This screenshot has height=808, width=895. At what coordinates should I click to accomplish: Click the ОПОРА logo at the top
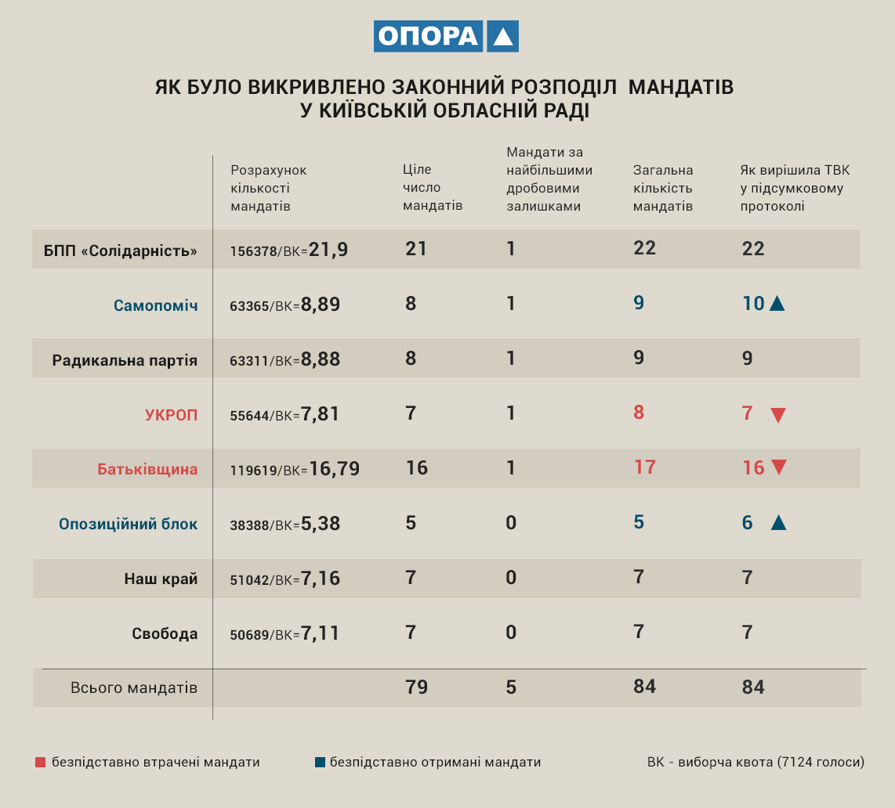click(446, 36)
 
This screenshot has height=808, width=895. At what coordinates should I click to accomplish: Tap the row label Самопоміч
click(155, 305)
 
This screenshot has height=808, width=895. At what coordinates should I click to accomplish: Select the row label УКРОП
click(171, 415)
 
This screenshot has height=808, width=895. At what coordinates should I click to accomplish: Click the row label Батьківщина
click(147, 470)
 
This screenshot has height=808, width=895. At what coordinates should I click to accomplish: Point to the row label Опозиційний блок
click(128, 524)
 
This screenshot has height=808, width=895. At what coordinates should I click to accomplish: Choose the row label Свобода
click(165, 633)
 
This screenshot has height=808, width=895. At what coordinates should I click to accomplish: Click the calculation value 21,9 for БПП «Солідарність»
click(328, 250)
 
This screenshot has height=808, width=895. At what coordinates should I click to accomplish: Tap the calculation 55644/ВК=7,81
click(284, 414)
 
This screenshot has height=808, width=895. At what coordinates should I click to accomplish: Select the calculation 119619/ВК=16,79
click(295, 469)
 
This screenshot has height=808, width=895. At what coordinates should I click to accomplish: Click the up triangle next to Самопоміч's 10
click(777, 304)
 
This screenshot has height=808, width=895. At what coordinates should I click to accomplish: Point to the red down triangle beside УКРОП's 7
click(777, 415)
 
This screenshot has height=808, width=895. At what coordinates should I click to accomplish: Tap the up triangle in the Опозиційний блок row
click(778, 522)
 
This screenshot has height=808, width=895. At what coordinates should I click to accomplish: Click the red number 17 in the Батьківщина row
click(644, 467)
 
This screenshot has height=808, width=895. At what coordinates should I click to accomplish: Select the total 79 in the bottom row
click(417, 687)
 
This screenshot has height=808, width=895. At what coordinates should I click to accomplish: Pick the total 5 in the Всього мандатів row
click(511, 687)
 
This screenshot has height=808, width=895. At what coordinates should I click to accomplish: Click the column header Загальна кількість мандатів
click(663, 188)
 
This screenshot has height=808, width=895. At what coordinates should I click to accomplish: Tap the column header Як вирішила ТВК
click(795, 188)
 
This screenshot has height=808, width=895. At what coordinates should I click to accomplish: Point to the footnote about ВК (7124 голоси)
click(755, 762)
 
